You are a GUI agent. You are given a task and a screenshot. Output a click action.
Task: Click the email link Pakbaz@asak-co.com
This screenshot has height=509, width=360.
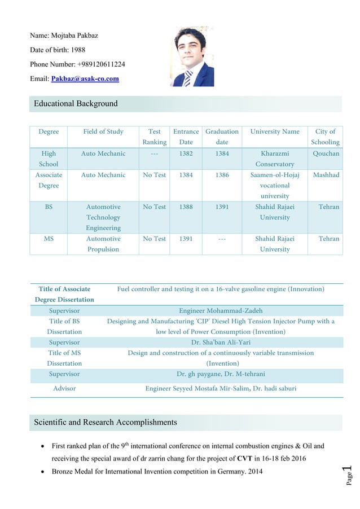coord(85,78)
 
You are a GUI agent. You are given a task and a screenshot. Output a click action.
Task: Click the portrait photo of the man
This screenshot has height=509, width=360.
coord(192,56)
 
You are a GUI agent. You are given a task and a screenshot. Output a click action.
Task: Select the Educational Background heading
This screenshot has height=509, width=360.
coord(76,103)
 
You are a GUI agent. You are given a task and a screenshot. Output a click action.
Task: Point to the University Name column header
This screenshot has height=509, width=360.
coord(275,131)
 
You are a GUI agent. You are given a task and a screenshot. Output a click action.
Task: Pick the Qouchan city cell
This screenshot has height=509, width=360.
coord(326,153)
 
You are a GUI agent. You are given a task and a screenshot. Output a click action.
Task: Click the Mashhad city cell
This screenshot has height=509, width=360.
coord(326,175)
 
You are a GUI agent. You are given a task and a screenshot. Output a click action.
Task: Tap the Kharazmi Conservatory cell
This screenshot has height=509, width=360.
coord(275,159)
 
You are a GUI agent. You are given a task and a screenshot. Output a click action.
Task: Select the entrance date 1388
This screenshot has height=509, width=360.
coord(186,207)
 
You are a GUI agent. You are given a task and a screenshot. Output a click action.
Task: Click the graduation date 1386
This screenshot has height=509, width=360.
coord(222,175)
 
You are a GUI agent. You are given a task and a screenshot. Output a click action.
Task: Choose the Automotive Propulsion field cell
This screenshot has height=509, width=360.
coord(103,244)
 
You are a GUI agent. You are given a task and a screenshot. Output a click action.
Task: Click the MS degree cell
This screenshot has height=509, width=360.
coord(49,239)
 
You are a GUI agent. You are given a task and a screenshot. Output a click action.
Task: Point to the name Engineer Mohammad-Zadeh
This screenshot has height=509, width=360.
coord(221,310)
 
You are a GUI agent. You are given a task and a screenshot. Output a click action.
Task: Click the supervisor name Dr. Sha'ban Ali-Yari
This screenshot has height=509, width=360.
coord(221,342)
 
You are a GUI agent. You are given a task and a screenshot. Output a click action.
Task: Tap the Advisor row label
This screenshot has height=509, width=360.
coord(64,388)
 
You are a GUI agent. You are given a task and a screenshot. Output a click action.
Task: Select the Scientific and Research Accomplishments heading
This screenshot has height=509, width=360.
coord(106,422)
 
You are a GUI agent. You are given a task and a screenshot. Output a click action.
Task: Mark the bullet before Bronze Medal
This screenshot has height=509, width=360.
coord(43,472)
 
